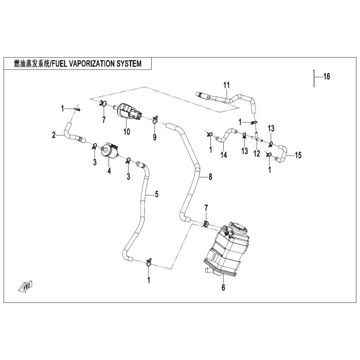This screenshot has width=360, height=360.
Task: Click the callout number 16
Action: [327, 77]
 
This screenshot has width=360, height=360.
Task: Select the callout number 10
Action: [127, 132]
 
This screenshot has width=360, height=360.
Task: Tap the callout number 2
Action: [53, 135]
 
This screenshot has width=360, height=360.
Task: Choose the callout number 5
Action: [156, 194]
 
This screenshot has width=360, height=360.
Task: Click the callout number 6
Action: [223, 287]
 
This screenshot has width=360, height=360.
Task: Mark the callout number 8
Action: [210, 177]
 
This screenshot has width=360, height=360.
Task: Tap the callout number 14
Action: [224, 155]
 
